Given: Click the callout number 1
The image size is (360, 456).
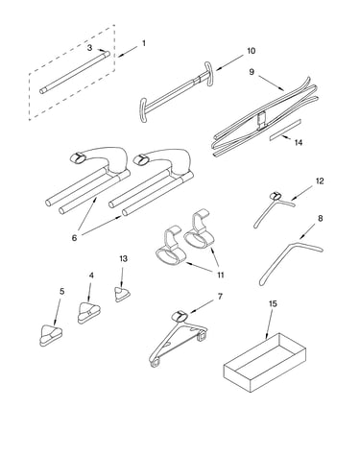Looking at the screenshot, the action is tap(144, 43).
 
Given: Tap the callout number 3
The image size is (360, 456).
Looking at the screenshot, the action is tap(89, 48).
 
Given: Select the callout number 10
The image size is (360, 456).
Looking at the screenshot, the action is tap(251, 51).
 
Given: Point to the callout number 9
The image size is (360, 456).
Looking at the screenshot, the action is tap(252, 72).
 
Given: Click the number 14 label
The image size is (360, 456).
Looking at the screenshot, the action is tap(299, 142).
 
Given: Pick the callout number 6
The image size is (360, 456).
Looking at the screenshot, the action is tap(74, 238).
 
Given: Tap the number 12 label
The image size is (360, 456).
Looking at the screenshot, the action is tap(320, 181).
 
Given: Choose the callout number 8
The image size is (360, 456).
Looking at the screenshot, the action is tap(320, 218).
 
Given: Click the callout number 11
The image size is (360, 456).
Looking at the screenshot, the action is tap(221, 275).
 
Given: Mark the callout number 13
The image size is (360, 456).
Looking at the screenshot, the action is tap(123, 258).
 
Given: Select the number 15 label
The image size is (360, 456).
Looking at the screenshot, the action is tap(273, 303).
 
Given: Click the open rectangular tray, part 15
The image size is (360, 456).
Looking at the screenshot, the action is tap(265, 363).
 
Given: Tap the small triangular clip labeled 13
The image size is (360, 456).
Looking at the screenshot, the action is tap(122, 295).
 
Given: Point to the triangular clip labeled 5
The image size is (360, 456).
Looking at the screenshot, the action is tap(51, 335).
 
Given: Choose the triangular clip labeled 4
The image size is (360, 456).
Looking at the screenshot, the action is tap(88, 312).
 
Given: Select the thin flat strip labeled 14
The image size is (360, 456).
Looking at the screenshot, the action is tap(285, 130).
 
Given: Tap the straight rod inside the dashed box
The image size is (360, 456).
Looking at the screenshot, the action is tap(75, 72).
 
